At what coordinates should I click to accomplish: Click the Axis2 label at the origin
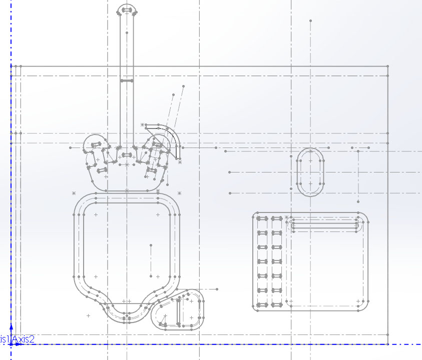pyautogui.click(x=24, y=339)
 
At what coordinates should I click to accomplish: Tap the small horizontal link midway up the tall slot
pyautogui.click(x=127, y=80)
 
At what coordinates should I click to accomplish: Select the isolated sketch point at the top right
pyautogui.click(x=310, y=20)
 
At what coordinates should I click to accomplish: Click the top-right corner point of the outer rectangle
pyautogui.click(x=388, y=65)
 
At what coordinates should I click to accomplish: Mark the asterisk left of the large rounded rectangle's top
pyautogui.click(x=74, y=193)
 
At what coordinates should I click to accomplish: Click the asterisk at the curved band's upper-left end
pyautogui.click(x=142, y=124)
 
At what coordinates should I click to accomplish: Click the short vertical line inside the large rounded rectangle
pyautogui.click(x=151, y=260)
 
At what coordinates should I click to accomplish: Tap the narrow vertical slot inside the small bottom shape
pyautogui.click(x=179, y=312)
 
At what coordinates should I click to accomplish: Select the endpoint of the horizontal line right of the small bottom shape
pyautogui.click(x=217, y=289)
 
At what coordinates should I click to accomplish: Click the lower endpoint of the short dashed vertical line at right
pyautogui.click(x=358, y=201)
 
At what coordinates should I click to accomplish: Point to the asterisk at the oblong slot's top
pyautogui.click(x=310, y=150)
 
